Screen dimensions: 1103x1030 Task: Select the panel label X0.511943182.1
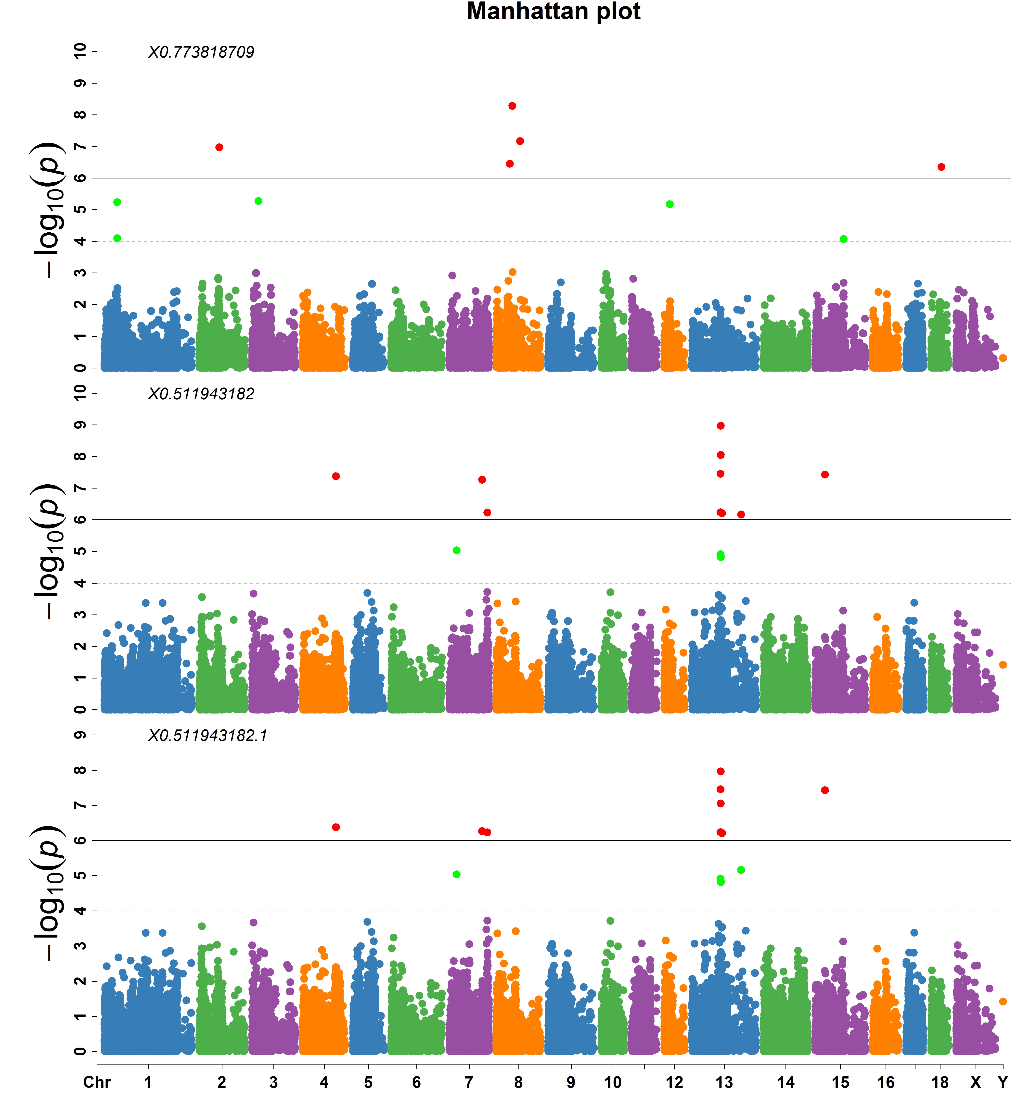pyautogui.click(x=207, y=736)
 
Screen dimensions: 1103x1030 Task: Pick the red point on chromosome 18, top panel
pyautogui.click(x=941, y=167)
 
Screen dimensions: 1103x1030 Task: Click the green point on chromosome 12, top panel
pyautogui.click(x=670, y=204)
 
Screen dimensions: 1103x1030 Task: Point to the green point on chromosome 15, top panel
pyautogui.click(x=843, y=239)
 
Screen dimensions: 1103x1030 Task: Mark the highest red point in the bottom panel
pyautogui.click(x=721, y=771)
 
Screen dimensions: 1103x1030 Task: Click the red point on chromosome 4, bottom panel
pyautogui.click(x=336, y=827)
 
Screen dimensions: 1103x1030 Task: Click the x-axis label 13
pyautogui.click(x=724, y=1082)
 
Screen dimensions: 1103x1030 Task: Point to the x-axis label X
pyautogui.click(x=976, y=1082)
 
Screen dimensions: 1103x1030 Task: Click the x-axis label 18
pyautogui.click(x=940, y=1082)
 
